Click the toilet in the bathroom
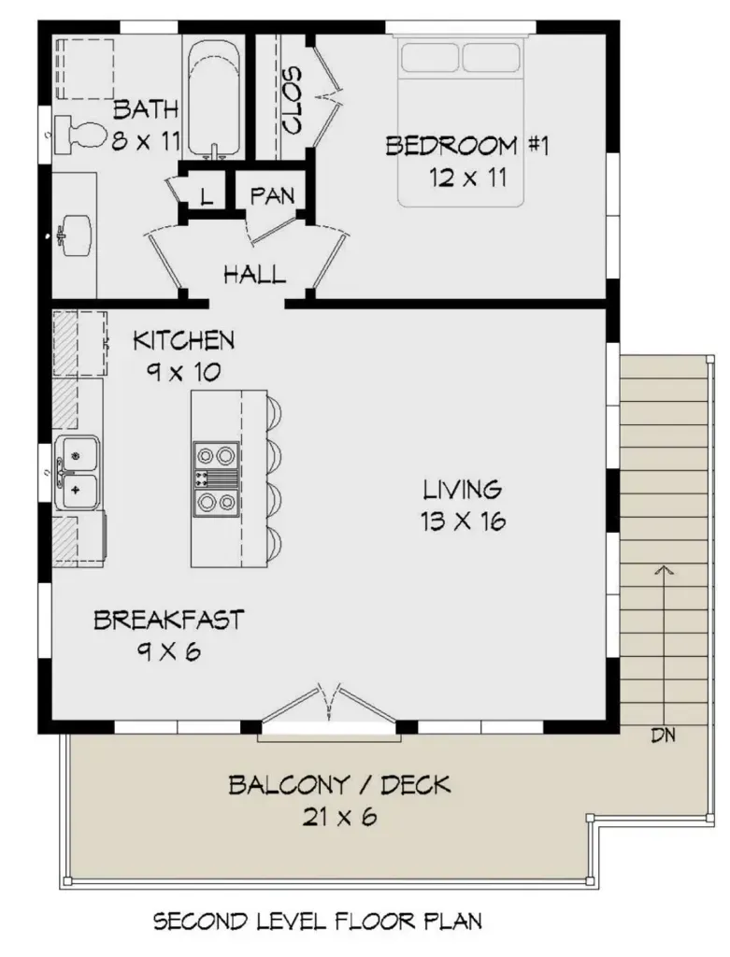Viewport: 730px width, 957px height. pos(77,133)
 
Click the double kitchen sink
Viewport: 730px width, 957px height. pos(79,472)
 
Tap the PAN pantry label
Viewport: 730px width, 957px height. pos(272,196)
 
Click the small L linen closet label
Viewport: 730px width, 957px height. pos(207,197)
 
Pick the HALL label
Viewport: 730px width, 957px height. pos(253,275)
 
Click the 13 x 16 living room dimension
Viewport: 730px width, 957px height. pos(463,521)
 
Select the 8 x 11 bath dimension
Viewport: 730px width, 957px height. pos(145,142)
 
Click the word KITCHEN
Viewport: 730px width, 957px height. pos(183,339)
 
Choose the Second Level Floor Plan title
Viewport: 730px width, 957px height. pos(318,922)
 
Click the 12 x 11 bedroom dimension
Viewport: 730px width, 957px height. pos(467,177)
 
